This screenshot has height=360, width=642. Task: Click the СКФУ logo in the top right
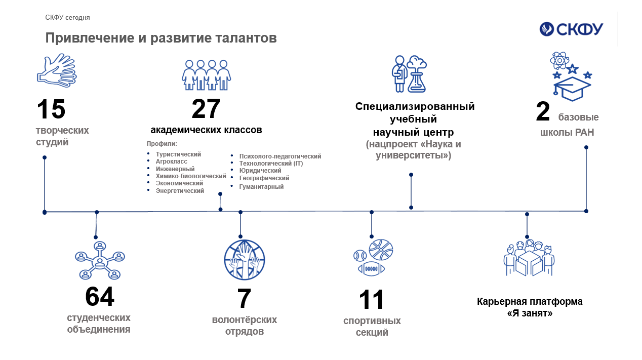click(571, 29)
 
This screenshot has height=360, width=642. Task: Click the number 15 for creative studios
click(51, 109)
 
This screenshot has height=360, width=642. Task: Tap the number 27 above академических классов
click(206, 109)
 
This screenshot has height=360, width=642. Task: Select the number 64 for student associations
click(100, 296)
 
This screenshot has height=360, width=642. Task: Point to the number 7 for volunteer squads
click(244, 298)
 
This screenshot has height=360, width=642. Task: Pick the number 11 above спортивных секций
click(372, 300)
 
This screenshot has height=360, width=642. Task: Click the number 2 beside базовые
click(543, 111)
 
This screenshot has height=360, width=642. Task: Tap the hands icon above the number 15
click(57, 70)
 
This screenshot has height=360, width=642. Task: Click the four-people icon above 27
click(207, 75)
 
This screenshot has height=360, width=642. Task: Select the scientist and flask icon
click(409, 74)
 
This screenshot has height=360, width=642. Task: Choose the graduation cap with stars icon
click(571, 76)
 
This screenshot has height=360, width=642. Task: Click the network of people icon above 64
click(100, 260)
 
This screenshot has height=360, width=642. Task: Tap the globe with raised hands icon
click(245, 260)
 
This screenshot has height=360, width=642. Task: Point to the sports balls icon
click(373, 258)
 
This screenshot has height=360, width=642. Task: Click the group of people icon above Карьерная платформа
click(529, 258)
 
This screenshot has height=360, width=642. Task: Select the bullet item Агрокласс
click(172, 162)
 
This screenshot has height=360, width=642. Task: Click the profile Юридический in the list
click(260, 171)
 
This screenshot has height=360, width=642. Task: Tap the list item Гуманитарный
click(261, 187)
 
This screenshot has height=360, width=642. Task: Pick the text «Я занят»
click(530, 313)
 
